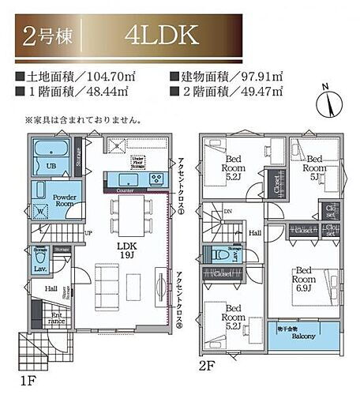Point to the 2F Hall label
tap(256, 233)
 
